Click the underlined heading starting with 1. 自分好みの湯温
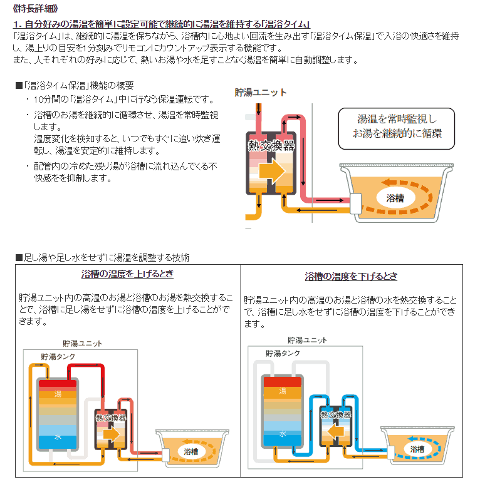(x=162, y=24)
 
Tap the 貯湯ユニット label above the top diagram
(x=261, y=93)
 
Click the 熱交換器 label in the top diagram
(x=271, y=146)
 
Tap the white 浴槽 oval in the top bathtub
(x=395, y=198)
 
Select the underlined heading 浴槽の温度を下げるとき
(x=351, y=276)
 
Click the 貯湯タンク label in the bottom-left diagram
(x=59, y=356)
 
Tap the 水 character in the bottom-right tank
(x=283, y=433)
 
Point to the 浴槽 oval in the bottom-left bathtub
(x=190, y=451)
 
